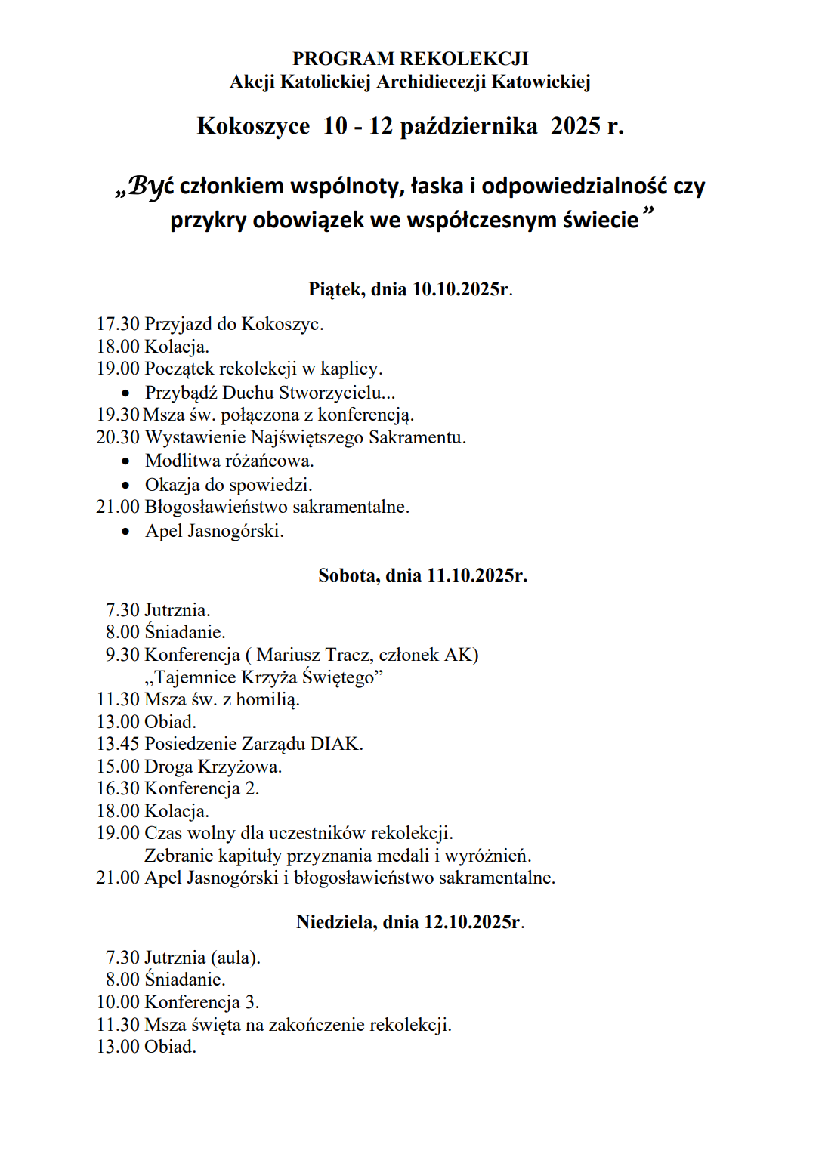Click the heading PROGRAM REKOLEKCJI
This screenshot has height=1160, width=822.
[410, 59]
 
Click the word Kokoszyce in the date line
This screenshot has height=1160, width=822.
[253, 126]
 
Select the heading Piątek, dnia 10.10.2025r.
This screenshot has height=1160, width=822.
[410, 289]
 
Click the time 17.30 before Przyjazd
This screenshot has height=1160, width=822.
[118, 325]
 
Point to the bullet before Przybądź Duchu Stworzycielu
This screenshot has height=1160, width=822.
[125, 393]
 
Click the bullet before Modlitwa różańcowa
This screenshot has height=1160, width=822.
[125, 461]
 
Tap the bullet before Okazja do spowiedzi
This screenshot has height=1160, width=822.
[125, 486]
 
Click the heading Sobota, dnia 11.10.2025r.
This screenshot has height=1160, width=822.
[422, 576]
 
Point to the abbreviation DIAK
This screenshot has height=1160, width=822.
[336, 745]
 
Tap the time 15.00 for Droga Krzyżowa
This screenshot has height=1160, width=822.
[118, 767]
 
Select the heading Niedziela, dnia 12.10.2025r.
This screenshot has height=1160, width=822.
[410, 923]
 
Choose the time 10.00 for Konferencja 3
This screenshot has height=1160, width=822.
[118, 1003]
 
